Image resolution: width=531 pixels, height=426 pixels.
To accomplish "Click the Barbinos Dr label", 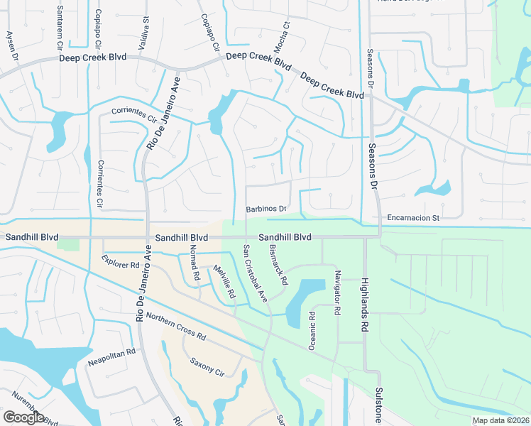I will [x=266, y=209].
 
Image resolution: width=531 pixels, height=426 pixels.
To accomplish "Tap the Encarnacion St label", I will [x=415, y=218].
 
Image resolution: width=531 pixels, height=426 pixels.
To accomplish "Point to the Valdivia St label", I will [x=146, y=28].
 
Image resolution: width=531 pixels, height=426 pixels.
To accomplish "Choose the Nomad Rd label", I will [x=192, y=261].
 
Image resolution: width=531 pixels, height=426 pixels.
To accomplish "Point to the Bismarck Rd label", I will [x=278, y=265].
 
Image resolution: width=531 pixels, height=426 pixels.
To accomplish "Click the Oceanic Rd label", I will [x=311, y=330].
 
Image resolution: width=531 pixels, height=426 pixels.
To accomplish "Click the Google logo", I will [x=24, y=417].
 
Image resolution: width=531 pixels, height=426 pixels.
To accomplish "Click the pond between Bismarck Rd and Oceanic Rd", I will [x=302, y=298].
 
